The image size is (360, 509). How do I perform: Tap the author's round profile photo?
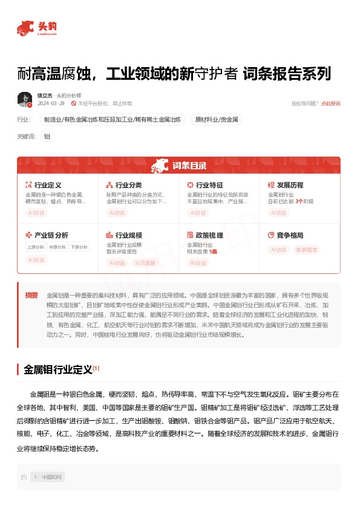[x=25, y=99]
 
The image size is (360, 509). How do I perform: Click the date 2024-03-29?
[x=51, y=104]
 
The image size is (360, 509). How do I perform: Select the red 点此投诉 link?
[x=330, y=104]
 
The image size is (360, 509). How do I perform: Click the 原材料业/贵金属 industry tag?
[x=216, y=120]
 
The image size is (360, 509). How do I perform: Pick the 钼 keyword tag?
[x=47, y=137]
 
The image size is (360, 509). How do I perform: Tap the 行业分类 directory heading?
[x=128, y=185]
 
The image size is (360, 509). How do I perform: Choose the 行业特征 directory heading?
[x=209, y=185]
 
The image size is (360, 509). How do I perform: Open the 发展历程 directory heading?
[x=290, y=185]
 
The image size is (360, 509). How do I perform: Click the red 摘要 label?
[x=31, y=296]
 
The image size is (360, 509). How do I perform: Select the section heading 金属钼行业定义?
[x=57, y=369]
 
